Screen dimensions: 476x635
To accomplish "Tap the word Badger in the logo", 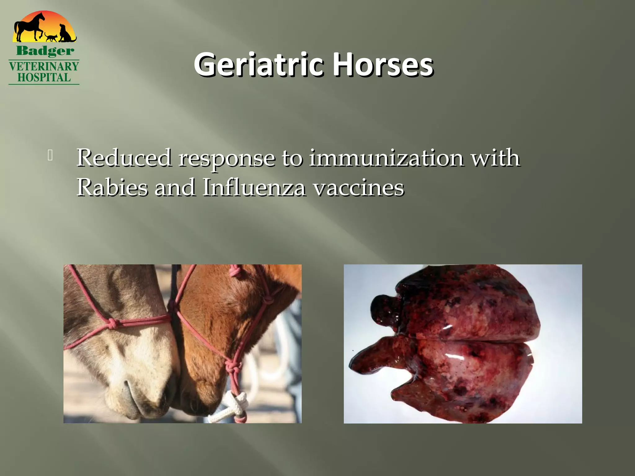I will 45,51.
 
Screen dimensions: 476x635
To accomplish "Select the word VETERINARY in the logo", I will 44,66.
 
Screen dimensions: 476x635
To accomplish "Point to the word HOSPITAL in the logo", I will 44,77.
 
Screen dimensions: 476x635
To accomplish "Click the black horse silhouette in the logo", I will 29,27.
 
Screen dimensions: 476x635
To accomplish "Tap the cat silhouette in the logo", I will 51,37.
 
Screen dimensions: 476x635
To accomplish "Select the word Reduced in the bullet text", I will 124,158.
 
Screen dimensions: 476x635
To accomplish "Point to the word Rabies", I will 112,187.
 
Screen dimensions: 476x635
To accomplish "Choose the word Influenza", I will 254,187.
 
